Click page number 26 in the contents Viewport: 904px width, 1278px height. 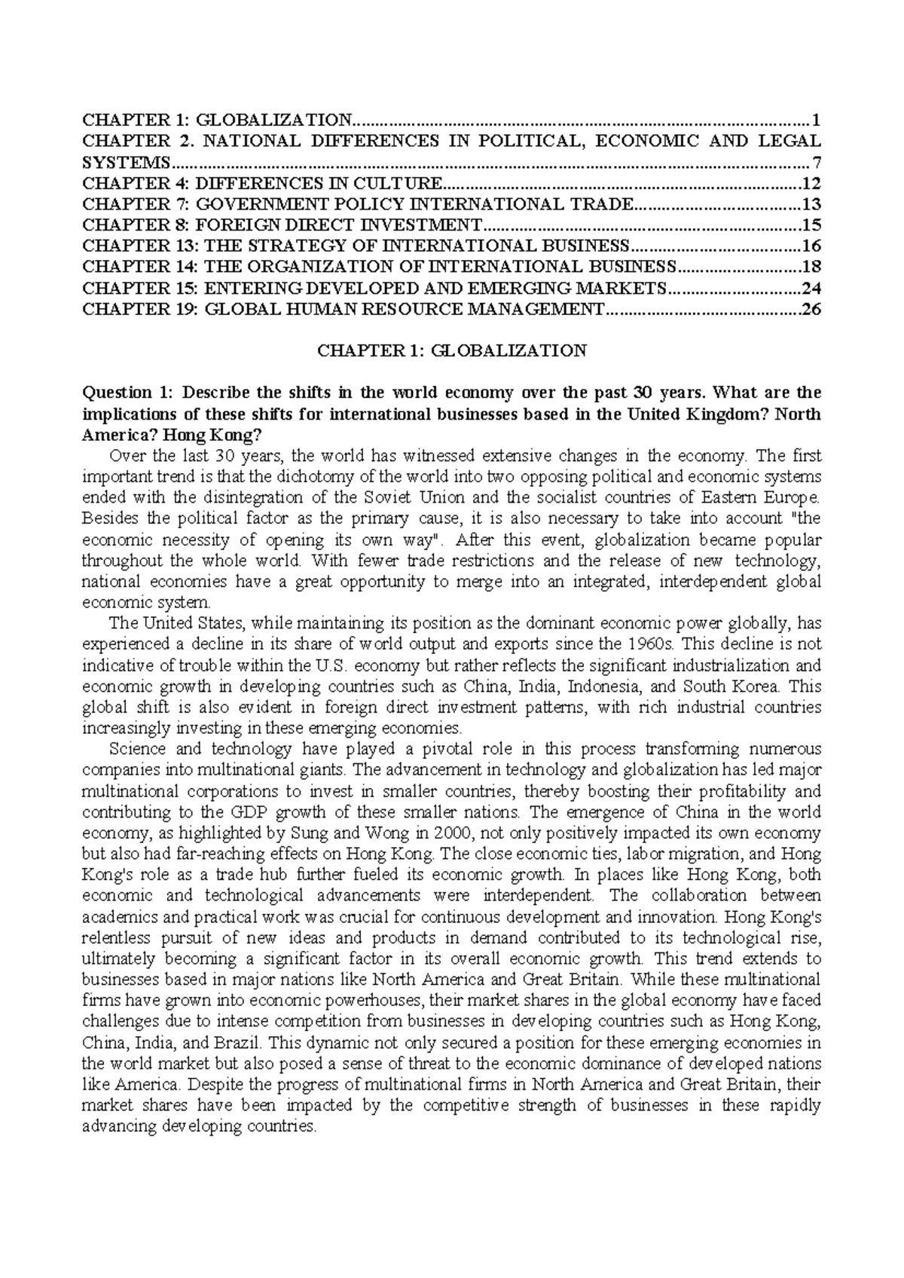[812, 309]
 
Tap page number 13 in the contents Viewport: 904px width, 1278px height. [812, 204]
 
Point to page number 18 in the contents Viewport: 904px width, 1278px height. [812, 267]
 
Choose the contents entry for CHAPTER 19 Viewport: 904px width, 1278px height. [344, 309]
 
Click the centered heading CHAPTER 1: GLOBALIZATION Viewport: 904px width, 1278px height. [452, 350]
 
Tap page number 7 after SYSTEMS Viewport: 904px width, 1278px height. [817, 162]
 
